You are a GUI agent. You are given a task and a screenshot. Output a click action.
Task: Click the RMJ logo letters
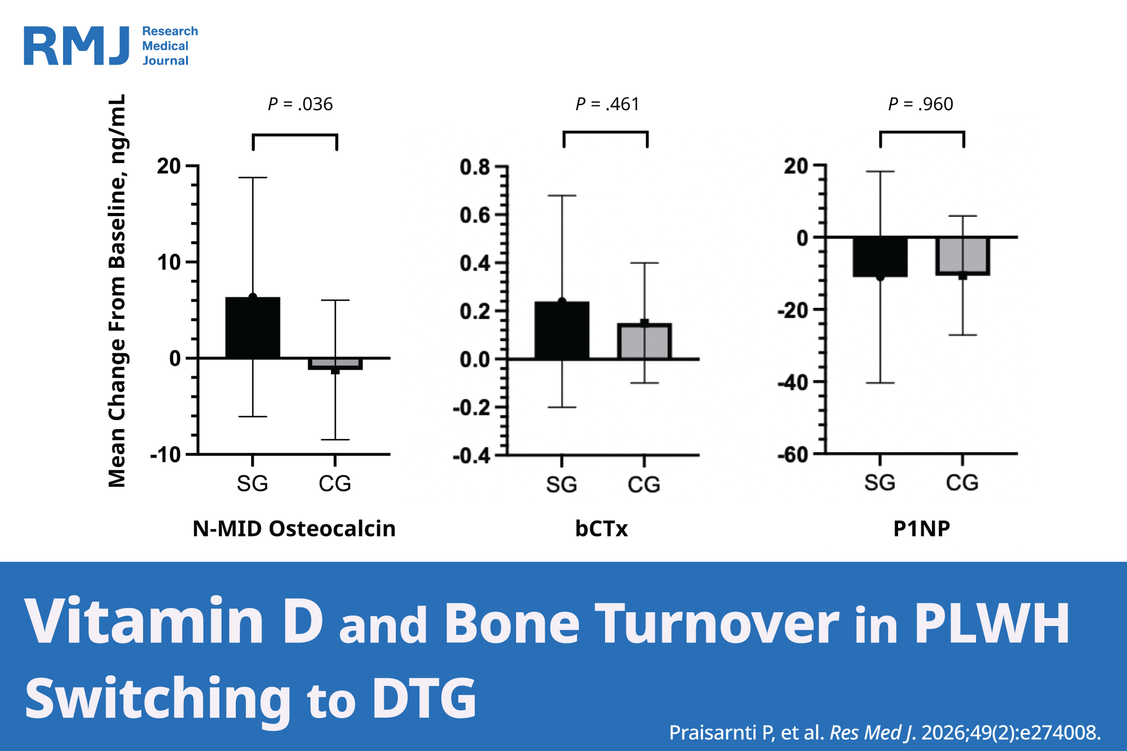[77, 46]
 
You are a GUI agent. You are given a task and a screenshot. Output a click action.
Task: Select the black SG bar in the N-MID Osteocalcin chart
[253, 328]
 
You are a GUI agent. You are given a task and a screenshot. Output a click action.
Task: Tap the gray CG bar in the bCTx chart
[644, 342]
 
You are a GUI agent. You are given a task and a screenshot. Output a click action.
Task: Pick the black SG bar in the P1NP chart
[880, 257]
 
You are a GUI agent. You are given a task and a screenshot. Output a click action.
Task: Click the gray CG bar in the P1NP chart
[963, 256]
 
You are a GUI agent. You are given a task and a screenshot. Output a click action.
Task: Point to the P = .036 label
[300, 104]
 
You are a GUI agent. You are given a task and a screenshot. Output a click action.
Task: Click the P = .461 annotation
[607, 104]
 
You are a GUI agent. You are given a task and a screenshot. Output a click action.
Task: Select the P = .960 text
[920, 104]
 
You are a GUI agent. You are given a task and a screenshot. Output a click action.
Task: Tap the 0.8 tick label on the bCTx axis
[475, 167]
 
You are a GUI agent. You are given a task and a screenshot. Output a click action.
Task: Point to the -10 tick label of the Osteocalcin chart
[165, 454]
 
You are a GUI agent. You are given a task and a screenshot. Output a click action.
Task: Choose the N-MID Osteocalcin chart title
[294, 529]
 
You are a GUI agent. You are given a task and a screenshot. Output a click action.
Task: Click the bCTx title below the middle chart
[601, 529]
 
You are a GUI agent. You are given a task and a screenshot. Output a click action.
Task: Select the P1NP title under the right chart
[921, 529]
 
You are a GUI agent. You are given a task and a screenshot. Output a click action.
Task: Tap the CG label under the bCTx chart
[644, 485]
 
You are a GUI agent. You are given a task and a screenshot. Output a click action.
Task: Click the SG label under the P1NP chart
[880, 482]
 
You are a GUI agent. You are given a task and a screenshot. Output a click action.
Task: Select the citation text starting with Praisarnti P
[884, 732]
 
